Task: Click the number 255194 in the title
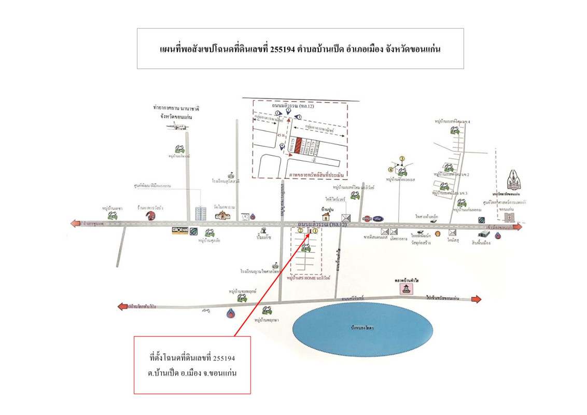coord(283,49)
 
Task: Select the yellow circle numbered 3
coord(401,158)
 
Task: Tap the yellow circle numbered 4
coord(391,169)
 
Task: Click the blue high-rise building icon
coord(200,213)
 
